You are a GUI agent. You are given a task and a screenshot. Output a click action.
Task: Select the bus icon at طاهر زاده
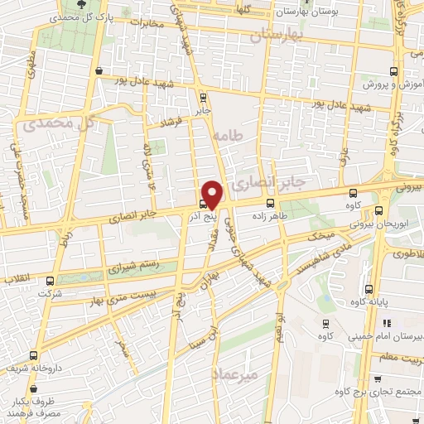[x=270, y=203]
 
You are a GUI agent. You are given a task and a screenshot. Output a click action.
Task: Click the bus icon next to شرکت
[x=51, y=282]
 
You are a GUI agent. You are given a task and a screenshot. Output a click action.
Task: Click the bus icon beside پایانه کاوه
[x=369, y=291]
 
